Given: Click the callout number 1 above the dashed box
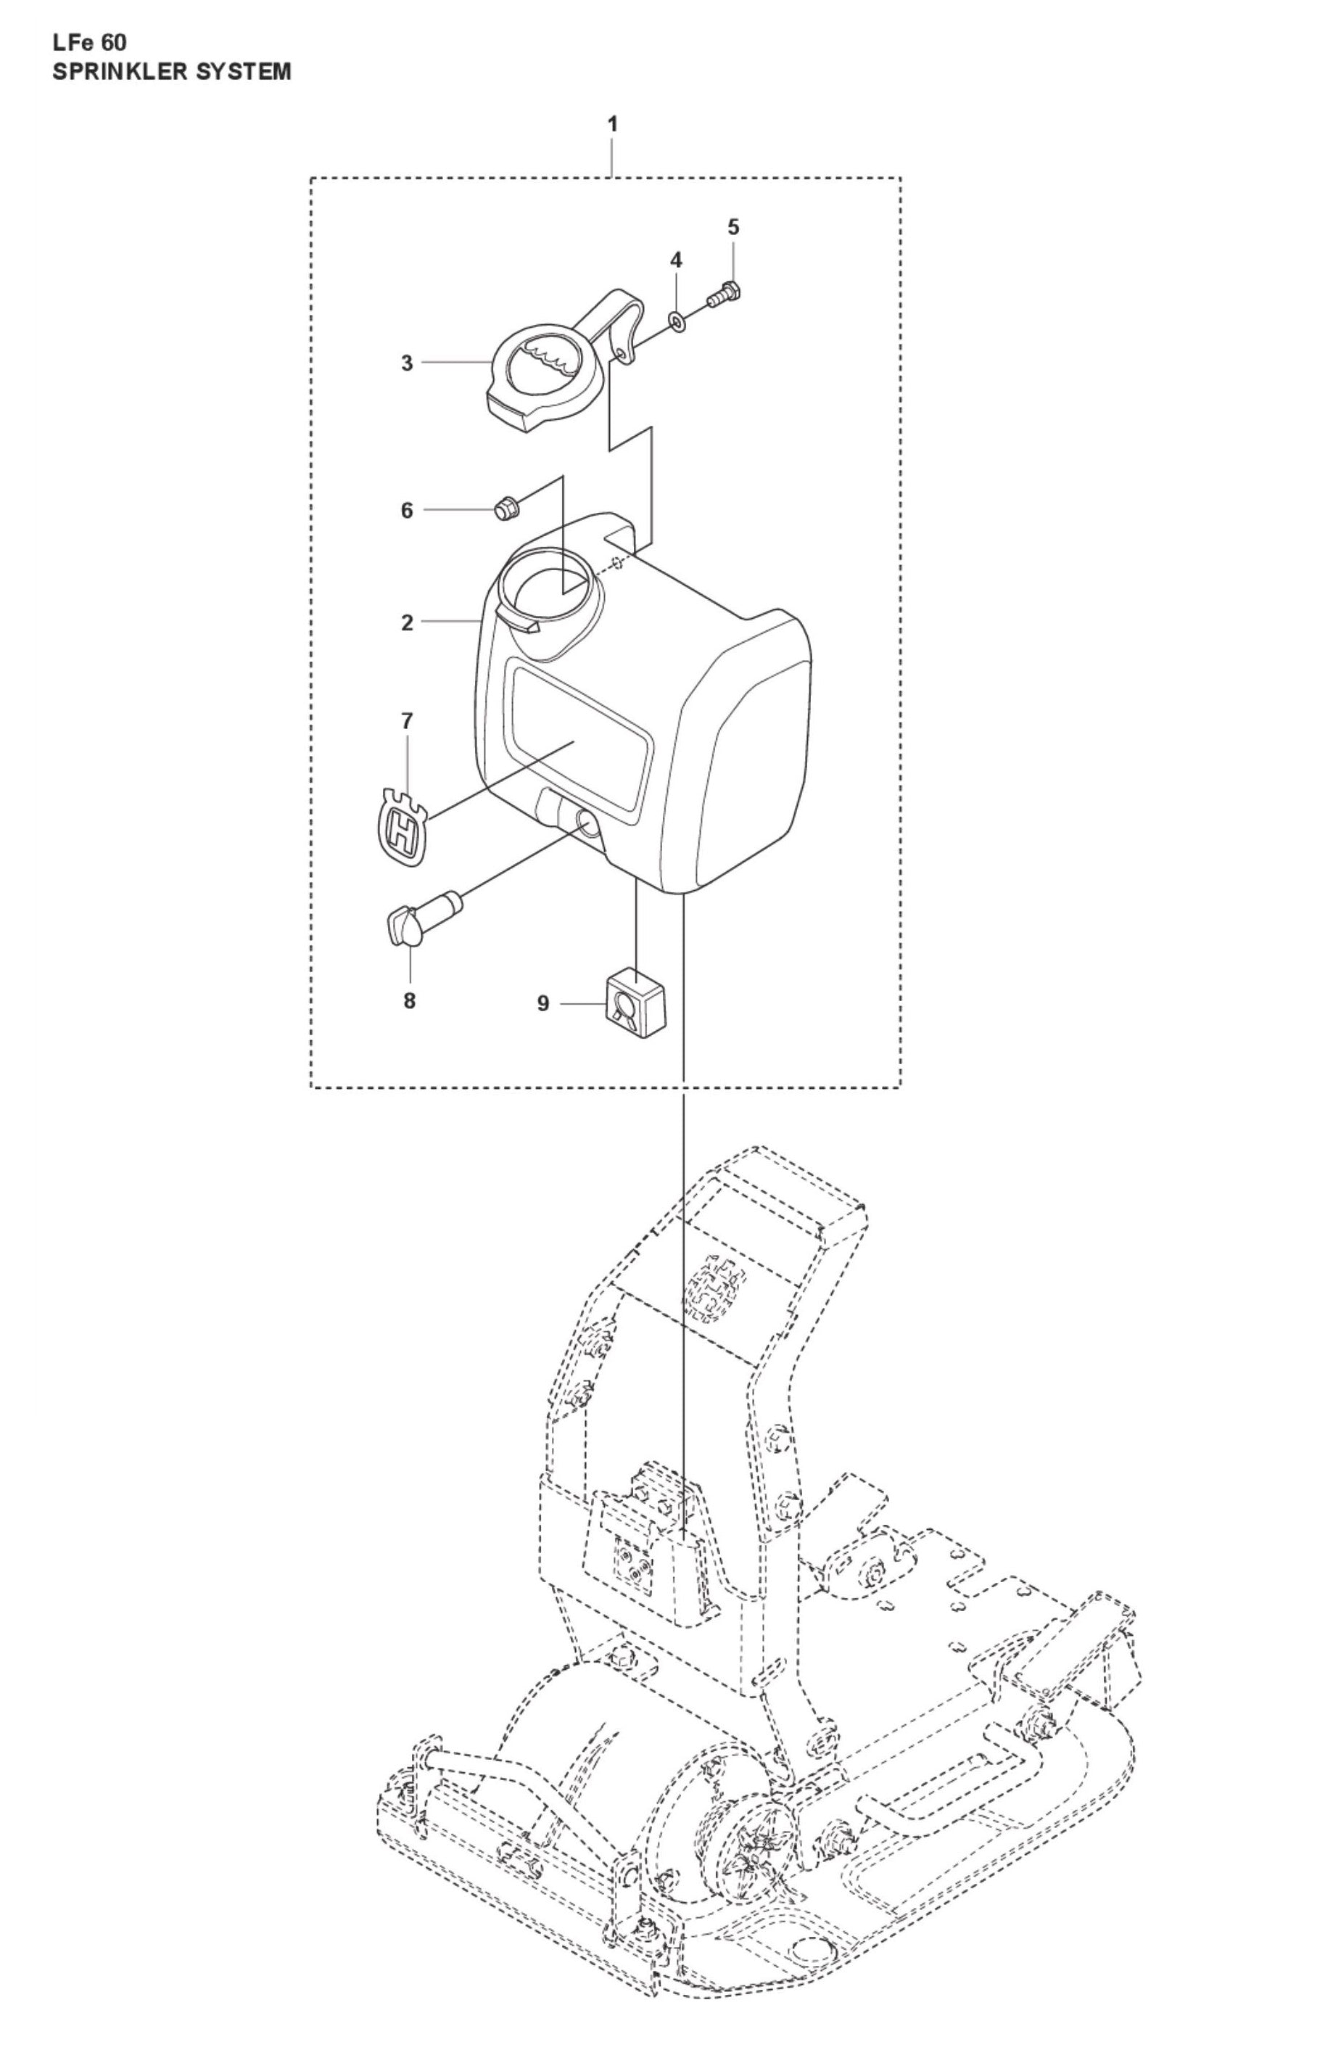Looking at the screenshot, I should [612, 124].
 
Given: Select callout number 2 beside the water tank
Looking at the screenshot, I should [408, 622].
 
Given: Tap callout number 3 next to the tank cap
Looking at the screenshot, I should [408, 363].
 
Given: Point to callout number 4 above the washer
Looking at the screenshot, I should [676, 259].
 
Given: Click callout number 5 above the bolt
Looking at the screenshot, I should [732, 227].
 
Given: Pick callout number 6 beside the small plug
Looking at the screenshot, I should [408, 510].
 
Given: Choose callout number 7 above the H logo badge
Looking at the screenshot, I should [408, 720].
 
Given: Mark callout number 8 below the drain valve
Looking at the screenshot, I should [409, 1000].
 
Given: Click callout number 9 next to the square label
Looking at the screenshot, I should [542, 1003].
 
